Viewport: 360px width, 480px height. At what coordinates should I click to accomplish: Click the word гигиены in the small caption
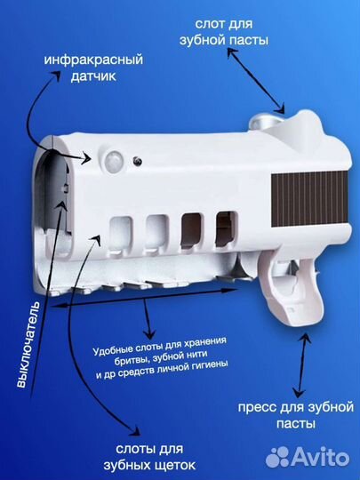[207, 363]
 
